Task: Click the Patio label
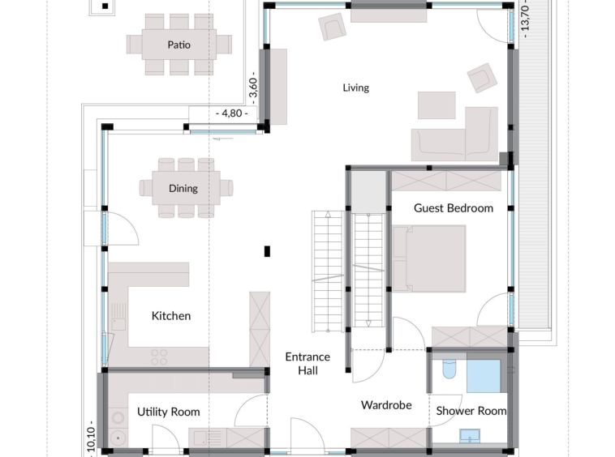tap(178, 45)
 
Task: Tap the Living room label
tap(355, 88)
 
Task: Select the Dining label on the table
tap(183, 188)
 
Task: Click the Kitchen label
tap(171, 316)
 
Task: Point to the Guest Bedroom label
tap(454, 208)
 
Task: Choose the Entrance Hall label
tap(307, 363)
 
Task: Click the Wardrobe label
tap(386, 405)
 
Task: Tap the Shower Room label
tap(471, 411)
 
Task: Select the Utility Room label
tap(169, 412)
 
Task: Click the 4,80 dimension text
tap(232, 113)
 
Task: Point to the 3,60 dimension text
tap(253, 88)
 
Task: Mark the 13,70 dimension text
tap(525, 19)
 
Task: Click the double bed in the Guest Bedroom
tap(429, 258)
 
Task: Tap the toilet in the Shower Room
tap(449, 366)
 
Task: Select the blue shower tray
tap(484, 376)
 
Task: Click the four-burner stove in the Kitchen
tap(159, 357)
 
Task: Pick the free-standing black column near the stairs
tap(267, 251)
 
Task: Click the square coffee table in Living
tap(437, 105)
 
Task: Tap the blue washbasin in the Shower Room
tap(470, 436)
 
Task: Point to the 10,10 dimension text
tap(91, 439)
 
